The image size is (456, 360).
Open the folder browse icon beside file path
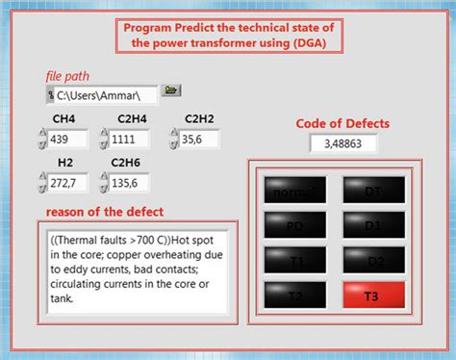click(x=171, y=91)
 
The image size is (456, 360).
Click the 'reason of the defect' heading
click(x=105, y=212)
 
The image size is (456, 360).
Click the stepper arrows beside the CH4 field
click(x=40, y=139)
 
